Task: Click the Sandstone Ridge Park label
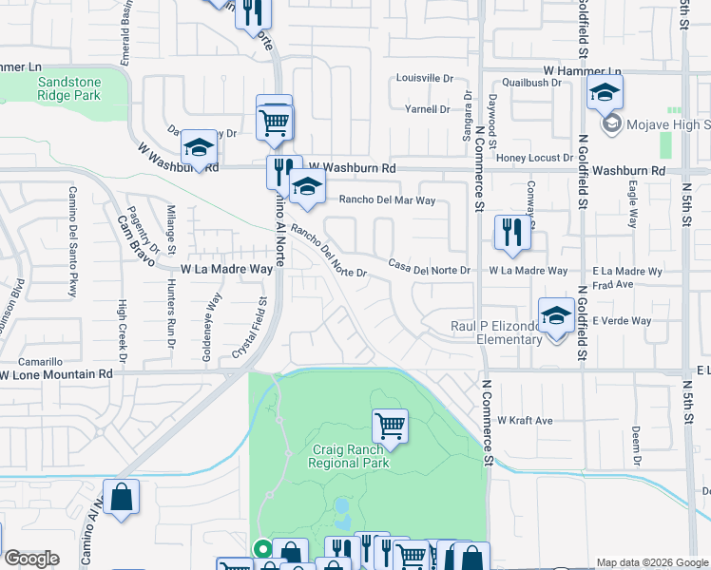69,88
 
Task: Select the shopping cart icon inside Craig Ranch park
390,425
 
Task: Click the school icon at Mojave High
604,94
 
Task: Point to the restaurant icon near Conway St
511,233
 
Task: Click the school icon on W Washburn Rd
199,147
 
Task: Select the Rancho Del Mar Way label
387,200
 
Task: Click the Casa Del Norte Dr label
430,270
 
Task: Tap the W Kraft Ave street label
524,420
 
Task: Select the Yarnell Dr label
427,109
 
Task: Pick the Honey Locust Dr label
537,158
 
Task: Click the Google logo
31,559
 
